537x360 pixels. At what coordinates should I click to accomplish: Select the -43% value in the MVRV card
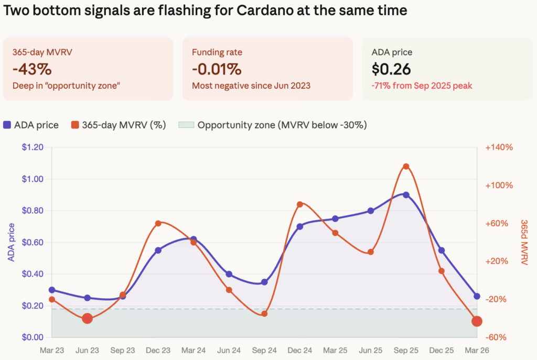pos(32,69)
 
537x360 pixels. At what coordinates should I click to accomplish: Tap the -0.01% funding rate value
pos(217,69)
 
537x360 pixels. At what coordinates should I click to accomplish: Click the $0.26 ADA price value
pos(391,69)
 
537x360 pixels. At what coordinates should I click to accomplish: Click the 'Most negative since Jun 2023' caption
pos(251,85)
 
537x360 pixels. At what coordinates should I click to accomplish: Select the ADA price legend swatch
pos(7,125)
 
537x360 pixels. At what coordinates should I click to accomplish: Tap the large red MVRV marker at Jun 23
pos(88,318)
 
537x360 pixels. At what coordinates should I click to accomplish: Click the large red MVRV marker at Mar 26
pos(477,321)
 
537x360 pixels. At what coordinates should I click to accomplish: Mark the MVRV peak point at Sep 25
pos(406,166)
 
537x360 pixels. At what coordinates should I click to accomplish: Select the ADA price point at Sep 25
pos(406,194)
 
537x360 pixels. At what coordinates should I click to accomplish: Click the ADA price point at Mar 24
pos(194,239)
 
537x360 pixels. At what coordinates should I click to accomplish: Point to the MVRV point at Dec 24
pos(300,204)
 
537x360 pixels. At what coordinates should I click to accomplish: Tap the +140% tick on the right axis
pos(499,148)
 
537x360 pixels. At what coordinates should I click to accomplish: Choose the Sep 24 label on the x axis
pos(264,350)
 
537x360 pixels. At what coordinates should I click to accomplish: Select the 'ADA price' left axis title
pos(12,242)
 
